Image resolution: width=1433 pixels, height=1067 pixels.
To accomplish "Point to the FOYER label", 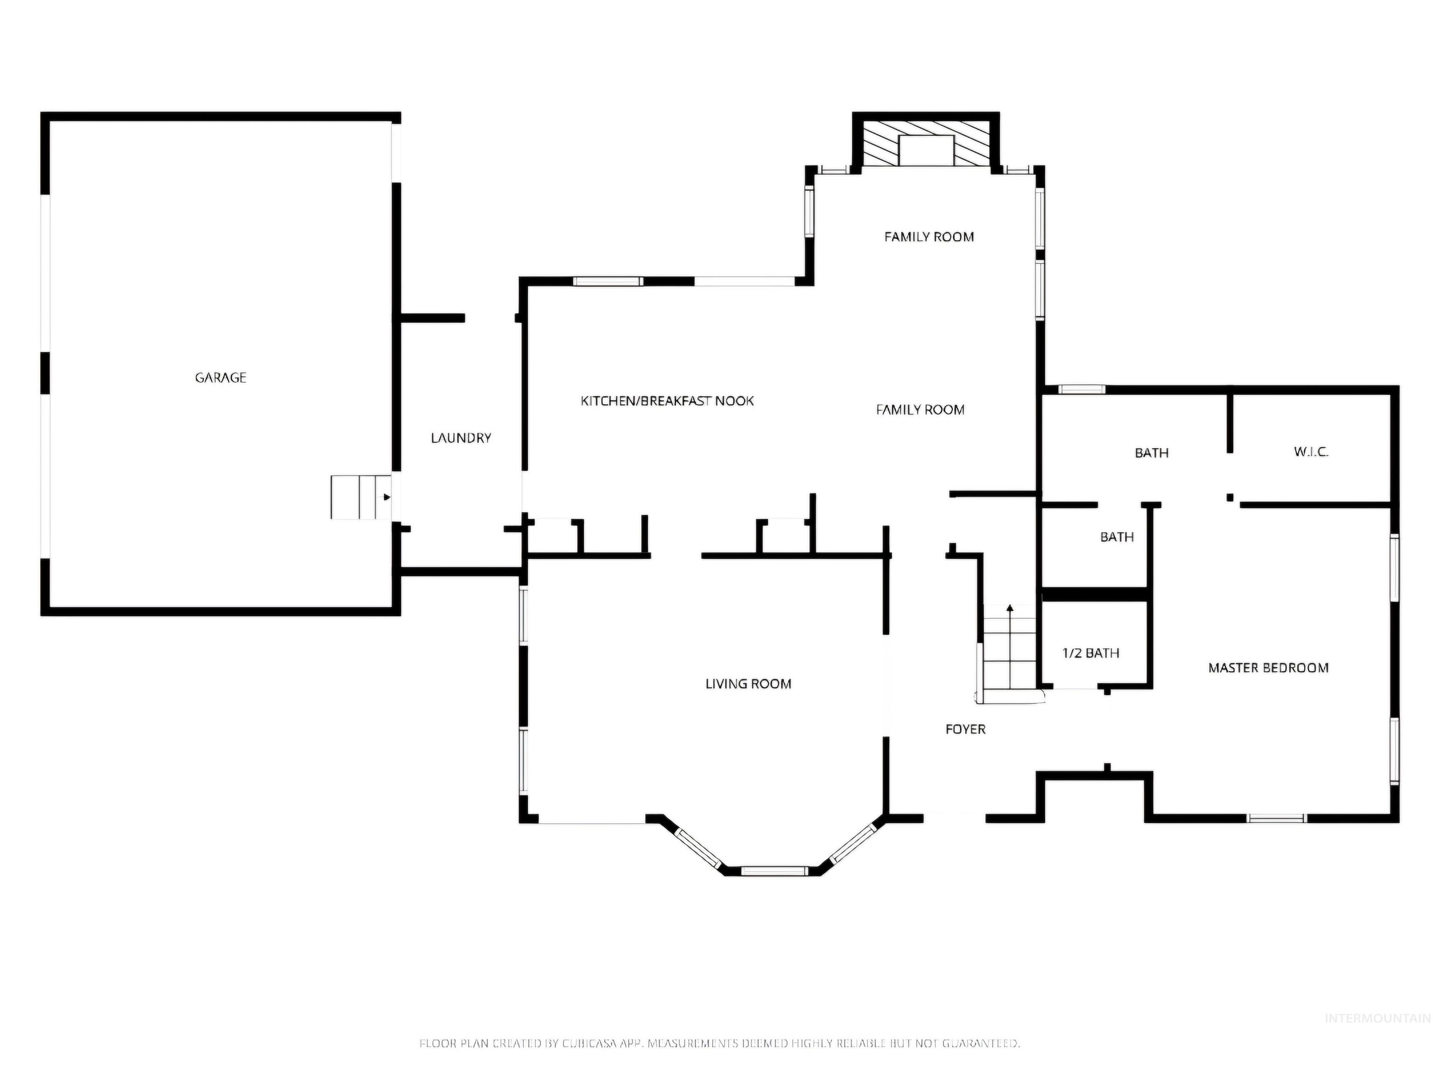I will [965, 729].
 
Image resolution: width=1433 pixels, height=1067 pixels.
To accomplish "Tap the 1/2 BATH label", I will [1090, 653].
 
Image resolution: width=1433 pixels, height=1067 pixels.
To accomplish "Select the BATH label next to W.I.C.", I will [1152, 453].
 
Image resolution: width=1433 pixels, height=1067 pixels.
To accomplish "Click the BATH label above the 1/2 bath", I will [1117, 537].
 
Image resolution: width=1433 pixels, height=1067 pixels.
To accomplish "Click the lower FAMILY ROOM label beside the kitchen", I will [920, 409].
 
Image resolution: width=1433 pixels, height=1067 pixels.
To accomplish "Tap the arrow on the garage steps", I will [387, 497].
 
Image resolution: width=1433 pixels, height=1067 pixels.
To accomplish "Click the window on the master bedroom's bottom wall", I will [1276, 818].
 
